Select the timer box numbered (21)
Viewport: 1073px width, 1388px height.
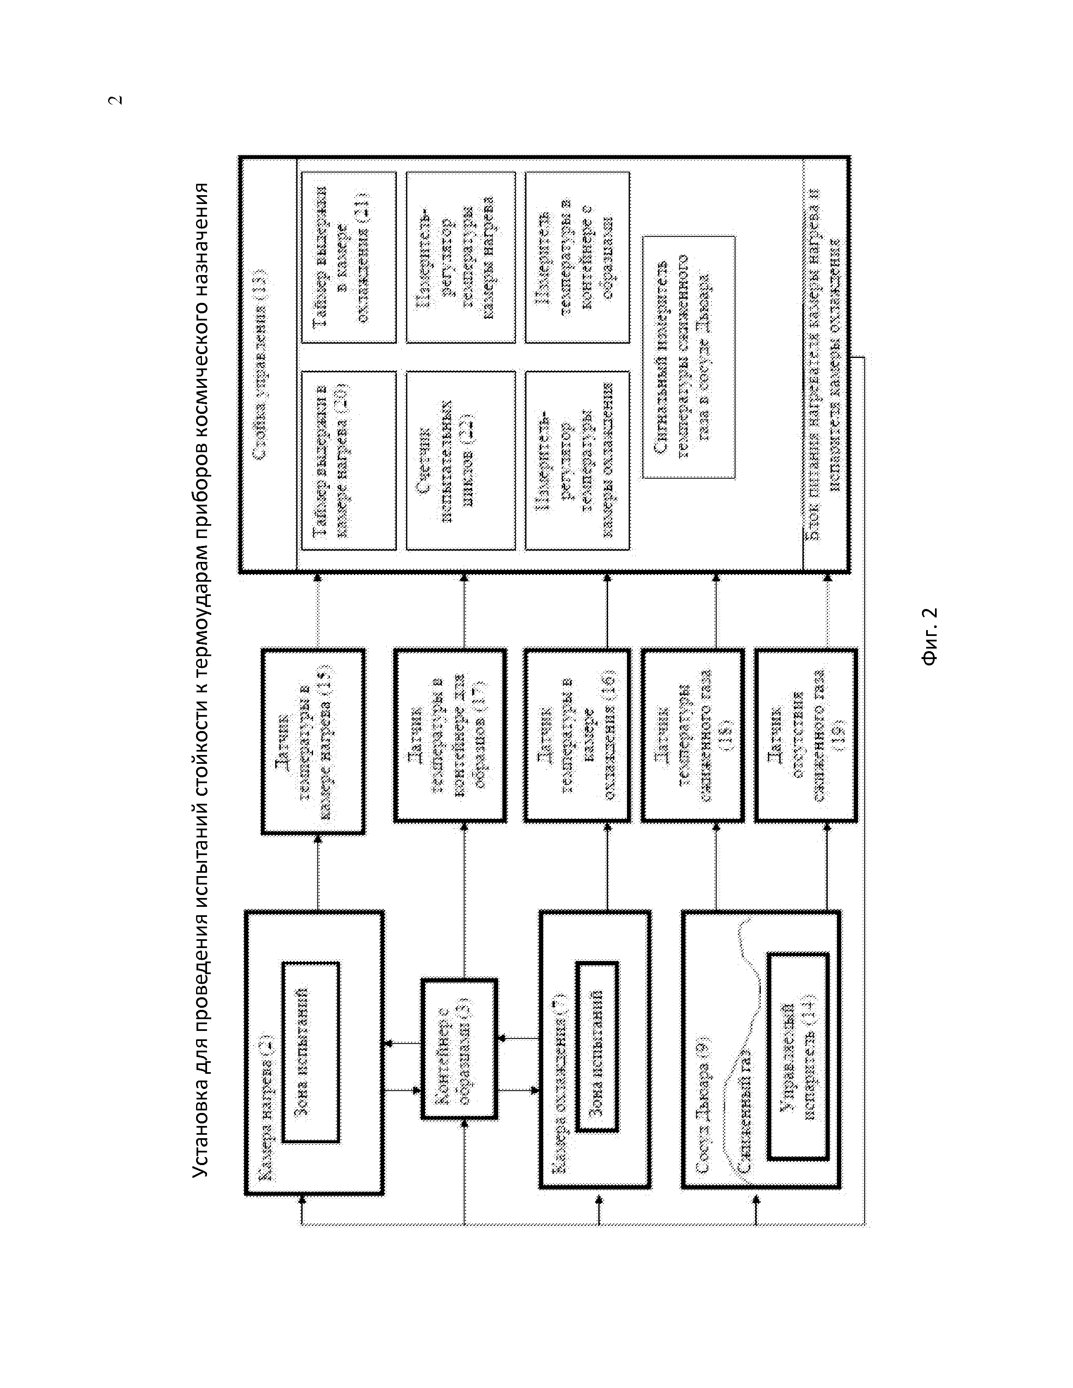[349, 258]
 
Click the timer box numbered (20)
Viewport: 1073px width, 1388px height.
[349, 461]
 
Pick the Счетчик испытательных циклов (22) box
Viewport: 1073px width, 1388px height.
[461, 461]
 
